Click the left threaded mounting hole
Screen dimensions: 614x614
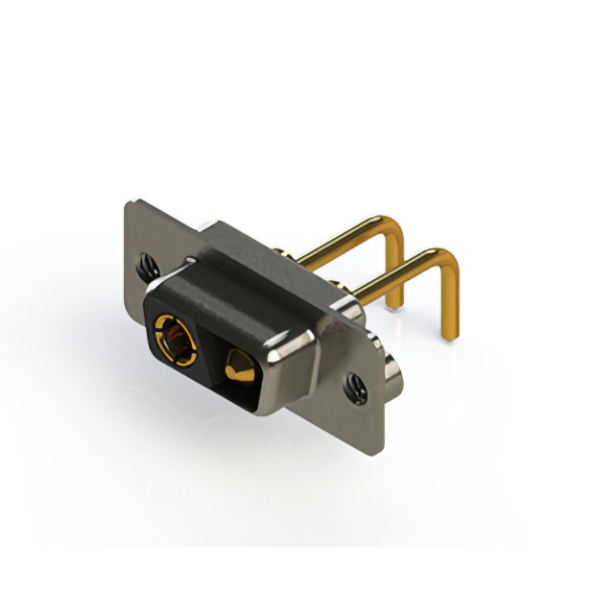(x=148, y=267)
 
